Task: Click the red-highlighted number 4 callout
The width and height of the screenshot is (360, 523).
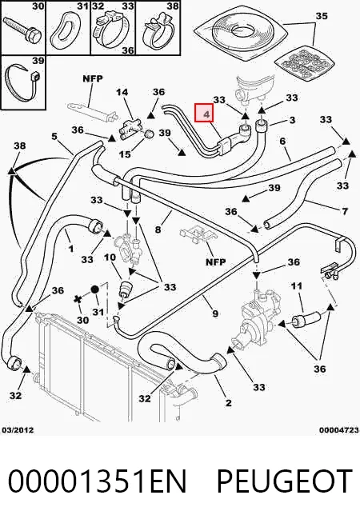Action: [207, 113]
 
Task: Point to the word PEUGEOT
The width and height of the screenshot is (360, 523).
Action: [285, 481]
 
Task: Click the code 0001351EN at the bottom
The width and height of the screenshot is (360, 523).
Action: [97, 481]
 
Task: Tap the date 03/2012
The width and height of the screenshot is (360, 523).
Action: [18, 430]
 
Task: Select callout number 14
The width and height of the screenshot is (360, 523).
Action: [122, 92]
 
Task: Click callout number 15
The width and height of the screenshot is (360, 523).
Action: [125, 154]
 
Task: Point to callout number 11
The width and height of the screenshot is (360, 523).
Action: [297, 285]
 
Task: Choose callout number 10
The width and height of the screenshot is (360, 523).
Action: [110, 257]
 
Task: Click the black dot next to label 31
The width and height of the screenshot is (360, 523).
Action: [94, 289]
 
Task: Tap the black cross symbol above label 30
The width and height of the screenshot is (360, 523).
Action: [78, 299]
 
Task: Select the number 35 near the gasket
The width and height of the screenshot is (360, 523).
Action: [322, 16]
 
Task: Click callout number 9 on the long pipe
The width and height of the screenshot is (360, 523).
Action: [215, 313]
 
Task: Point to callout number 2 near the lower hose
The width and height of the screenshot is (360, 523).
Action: [228, 402]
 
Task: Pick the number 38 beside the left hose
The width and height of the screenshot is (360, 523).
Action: [20, 146]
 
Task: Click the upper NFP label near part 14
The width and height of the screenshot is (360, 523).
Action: [93, 78]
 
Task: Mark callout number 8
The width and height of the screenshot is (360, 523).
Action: [158, 230]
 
